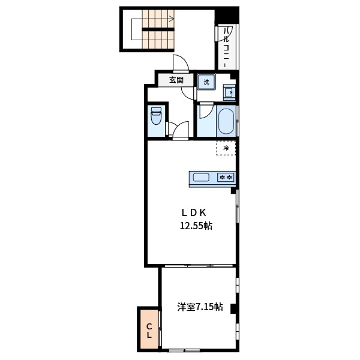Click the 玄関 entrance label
click(x=176, y=80)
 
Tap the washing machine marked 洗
click(x=206, y=82)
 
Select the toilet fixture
click(x=156, y=116)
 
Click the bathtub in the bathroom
click(x=226, y=121)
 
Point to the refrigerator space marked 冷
click(x=226, y=148)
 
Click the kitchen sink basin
click(x=201, y=178)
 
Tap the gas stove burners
click(x=226, y=177)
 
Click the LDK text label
click(x=194, y=213)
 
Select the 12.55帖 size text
click(x=196, y=226)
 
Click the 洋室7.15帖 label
click(x=200, y=307)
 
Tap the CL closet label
click(x=149, y=331)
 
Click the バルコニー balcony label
click(x=227, y=47)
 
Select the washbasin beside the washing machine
click(x=229, y=92)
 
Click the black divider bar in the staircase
click(x=158, y=29)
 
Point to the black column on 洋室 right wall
click(x=233, y=308)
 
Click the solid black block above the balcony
click(x=227, y=15)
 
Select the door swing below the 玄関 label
click(x=188, y=94)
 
